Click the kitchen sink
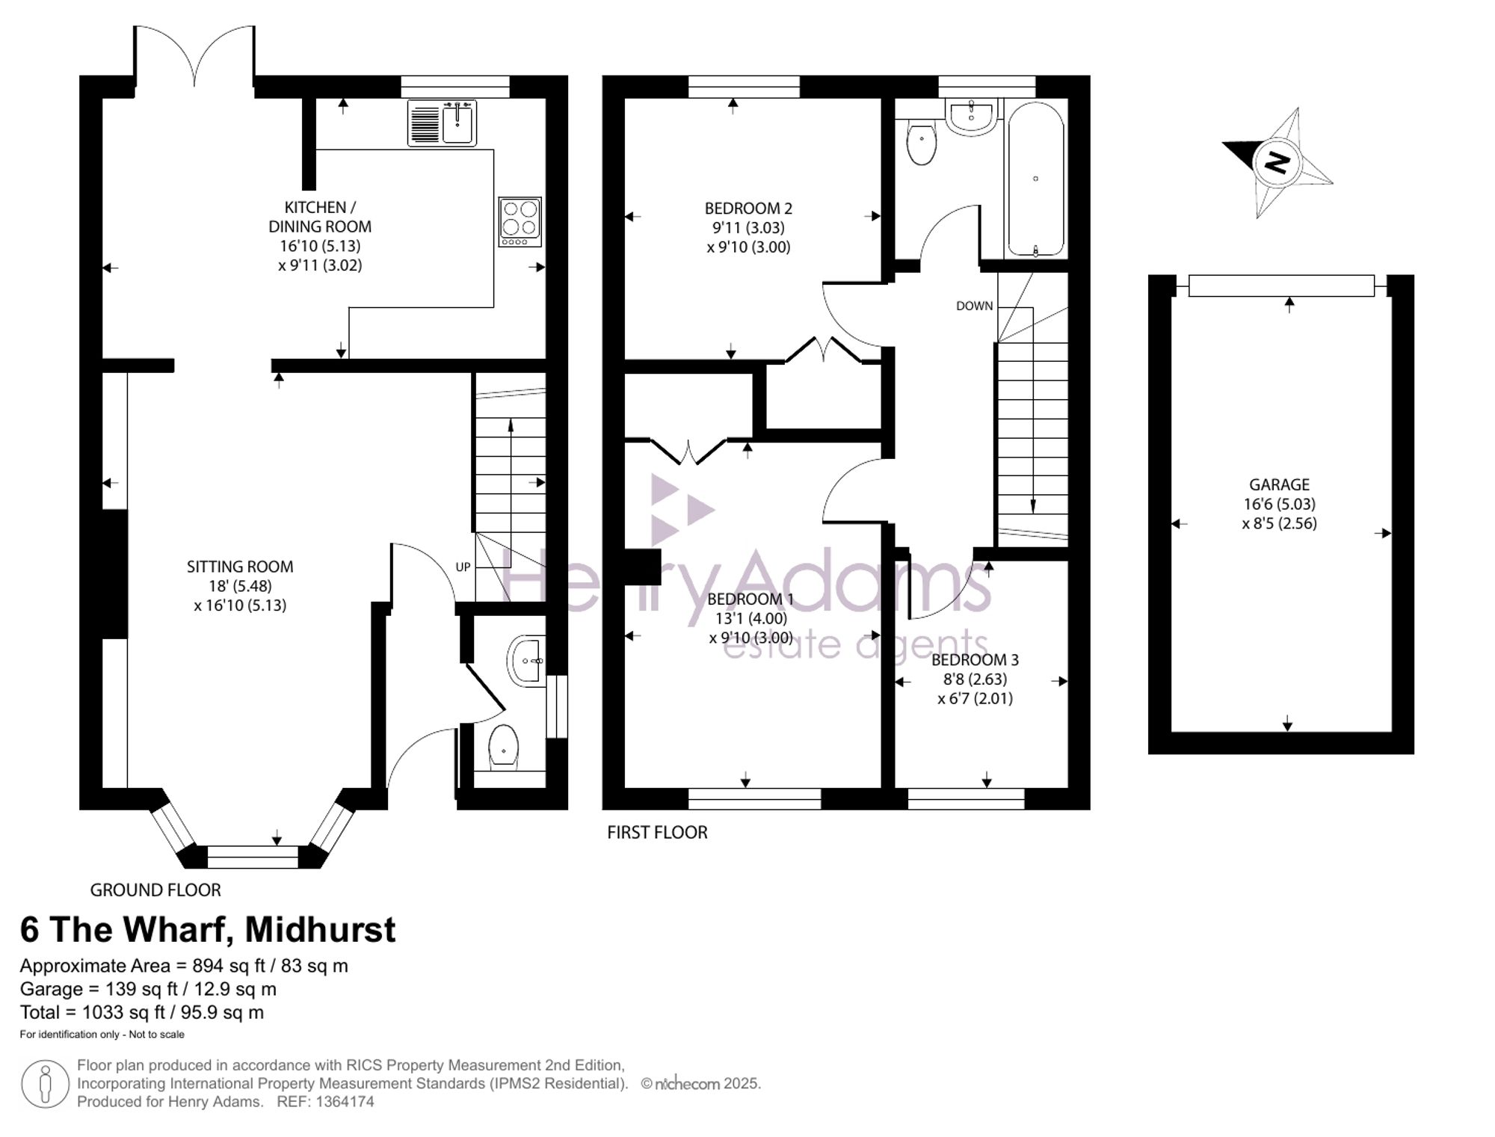[x=442, y=123]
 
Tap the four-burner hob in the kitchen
[x=520, y=222]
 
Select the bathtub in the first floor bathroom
[x=1035, y=179]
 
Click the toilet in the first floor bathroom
[x=921, y=143]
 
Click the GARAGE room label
[x=1279, y=484]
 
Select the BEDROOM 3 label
[x=975, y=660]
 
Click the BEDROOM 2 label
[x=748, y=209]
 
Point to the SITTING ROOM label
[x=240, y=567]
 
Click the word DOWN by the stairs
[x=974, y=306]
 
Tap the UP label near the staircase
[x=463, y=567]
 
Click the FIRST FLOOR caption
[x=657, y=833]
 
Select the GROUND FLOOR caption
[x=155, y=890]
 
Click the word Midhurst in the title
[x=321, y=930]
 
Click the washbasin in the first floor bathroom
[x=971, y=116]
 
